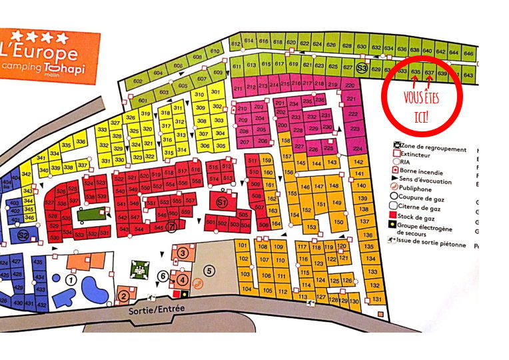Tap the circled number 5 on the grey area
(209, 271)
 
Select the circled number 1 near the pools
(69, 281)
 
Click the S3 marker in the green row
(362, 68)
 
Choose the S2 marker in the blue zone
(22, 235)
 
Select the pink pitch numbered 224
(357, 148)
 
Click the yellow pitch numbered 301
(215, 92)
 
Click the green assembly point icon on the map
(139, 269)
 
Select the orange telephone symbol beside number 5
(197, 283)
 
